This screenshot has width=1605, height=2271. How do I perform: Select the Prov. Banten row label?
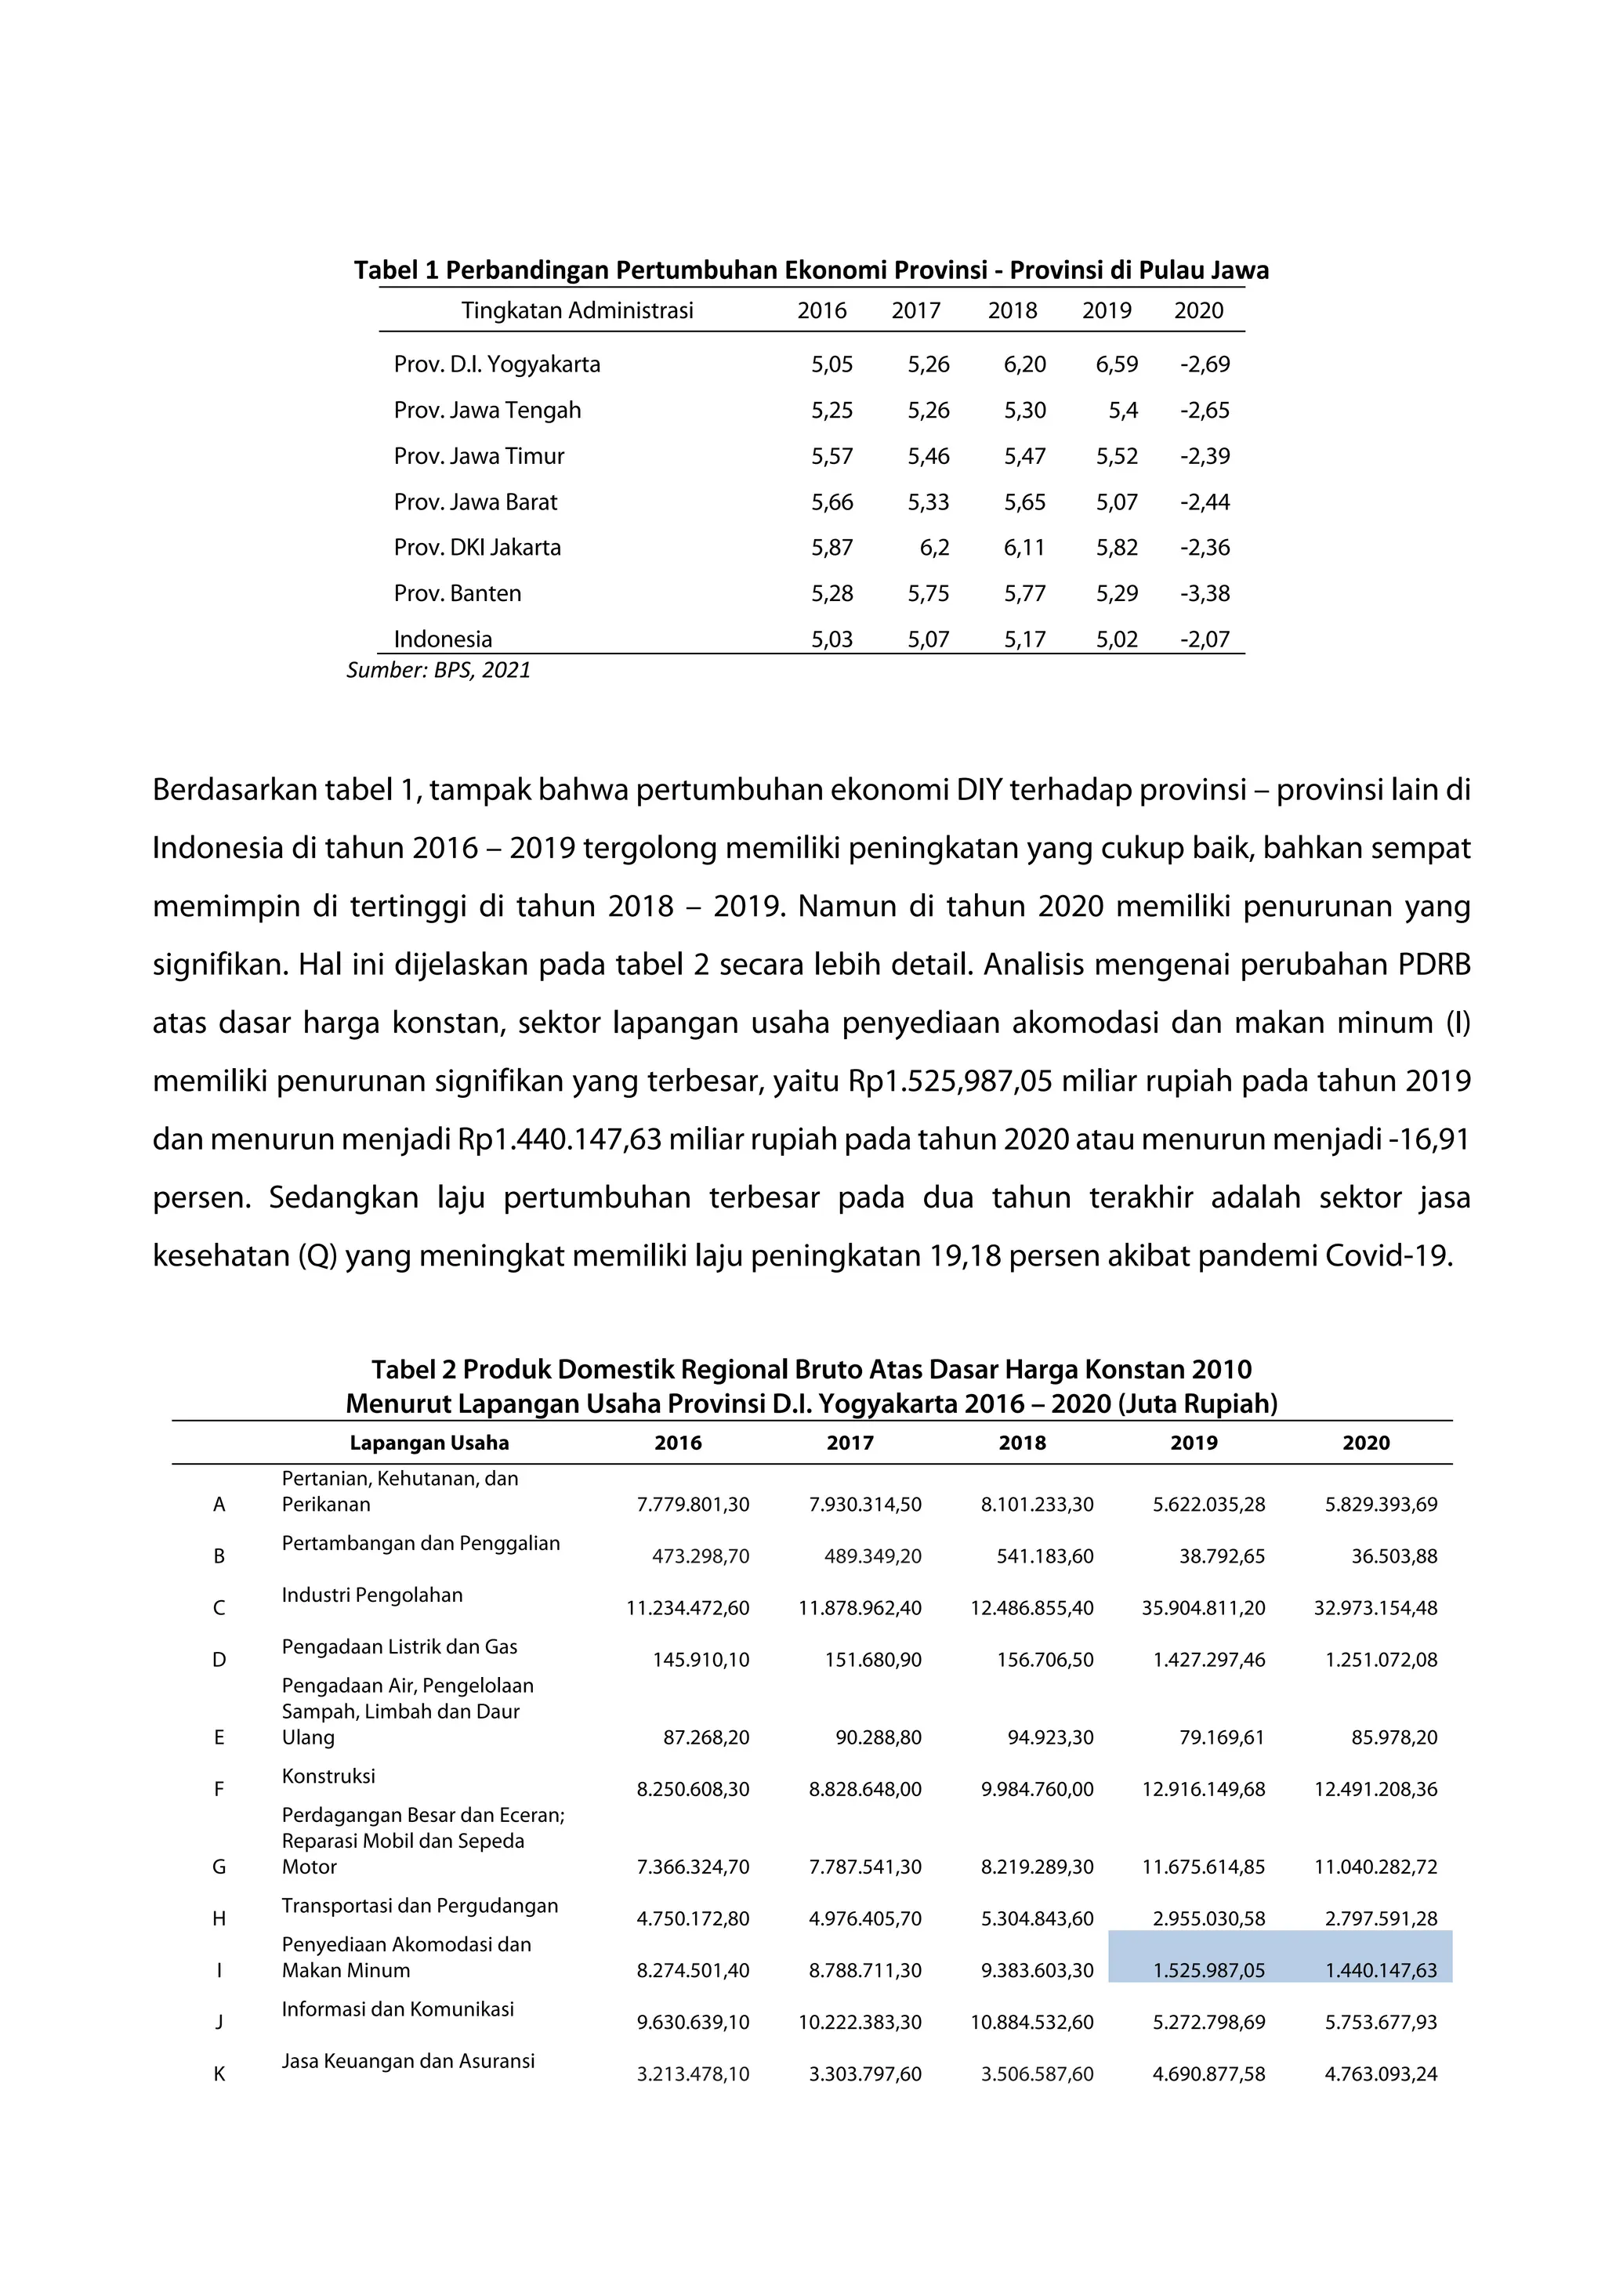pyautogui.click(x=457, y=593)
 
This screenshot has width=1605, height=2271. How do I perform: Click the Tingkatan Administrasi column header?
pyautogui.click(x=577, y=310)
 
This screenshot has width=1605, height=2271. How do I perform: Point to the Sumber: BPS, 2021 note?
pyautogui.click(x=438, y=671)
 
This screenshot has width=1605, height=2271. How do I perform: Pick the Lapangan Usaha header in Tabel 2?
pyautogui.click(x=429, y=1443)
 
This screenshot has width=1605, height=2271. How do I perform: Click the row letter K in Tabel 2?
pyautogui.click(x=219, y=2074)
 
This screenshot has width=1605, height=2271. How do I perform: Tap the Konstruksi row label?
pyautogui.click(x=328, y=1777)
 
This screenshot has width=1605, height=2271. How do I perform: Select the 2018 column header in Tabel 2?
pyautogui.click(x=1022, y=1443)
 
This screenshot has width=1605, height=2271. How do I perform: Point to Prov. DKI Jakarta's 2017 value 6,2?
pyautogui.click(x=933, y=548)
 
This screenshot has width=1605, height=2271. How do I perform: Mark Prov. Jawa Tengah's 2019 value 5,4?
pyautogui.click(x=1122, y=411)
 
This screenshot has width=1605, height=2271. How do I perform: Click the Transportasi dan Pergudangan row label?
pyautogui.click(x=419, y=1906)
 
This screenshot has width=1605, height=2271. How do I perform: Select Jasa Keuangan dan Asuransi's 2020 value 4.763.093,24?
pyautogui.click(x=1381, y=2074)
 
